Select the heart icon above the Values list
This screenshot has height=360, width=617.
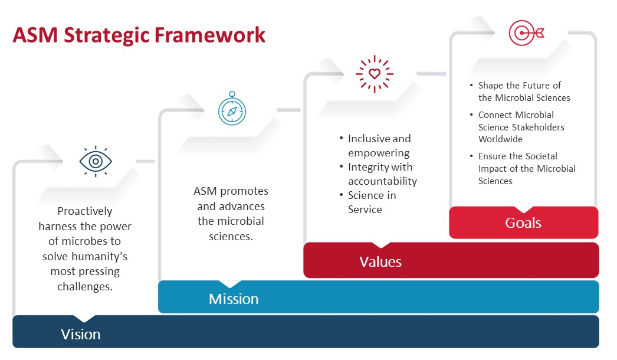tap(375, 74)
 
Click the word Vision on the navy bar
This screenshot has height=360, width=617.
tap(81, 335)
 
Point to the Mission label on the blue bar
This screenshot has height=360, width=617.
tap(234, 299)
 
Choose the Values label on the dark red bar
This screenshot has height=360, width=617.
tap(380, 261)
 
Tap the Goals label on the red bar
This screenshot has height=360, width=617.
tap(523, 223)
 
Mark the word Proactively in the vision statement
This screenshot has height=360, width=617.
tap(85, 211)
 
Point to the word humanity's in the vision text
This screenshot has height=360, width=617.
tap(100, 257)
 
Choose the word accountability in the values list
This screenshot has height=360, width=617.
tap(382, 181)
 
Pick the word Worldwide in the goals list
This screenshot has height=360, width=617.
tap(500, 139)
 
